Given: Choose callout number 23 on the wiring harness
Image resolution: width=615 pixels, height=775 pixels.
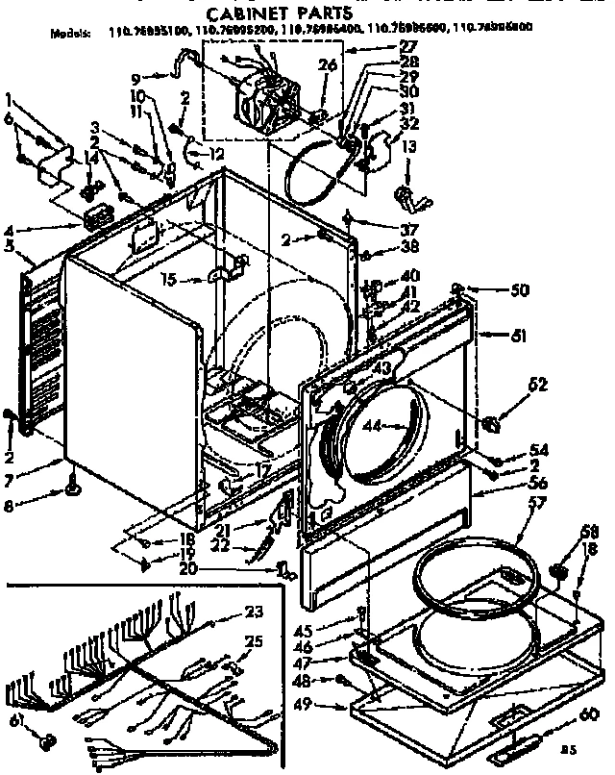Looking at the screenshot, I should [253, 611].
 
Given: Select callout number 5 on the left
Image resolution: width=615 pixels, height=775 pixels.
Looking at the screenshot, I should [9, 245].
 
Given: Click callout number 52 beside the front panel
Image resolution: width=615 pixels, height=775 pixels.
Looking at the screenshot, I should [538, 385].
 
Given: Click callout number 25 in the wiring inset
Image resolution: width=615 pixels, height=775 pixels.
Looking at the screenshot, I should [253, 641].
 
